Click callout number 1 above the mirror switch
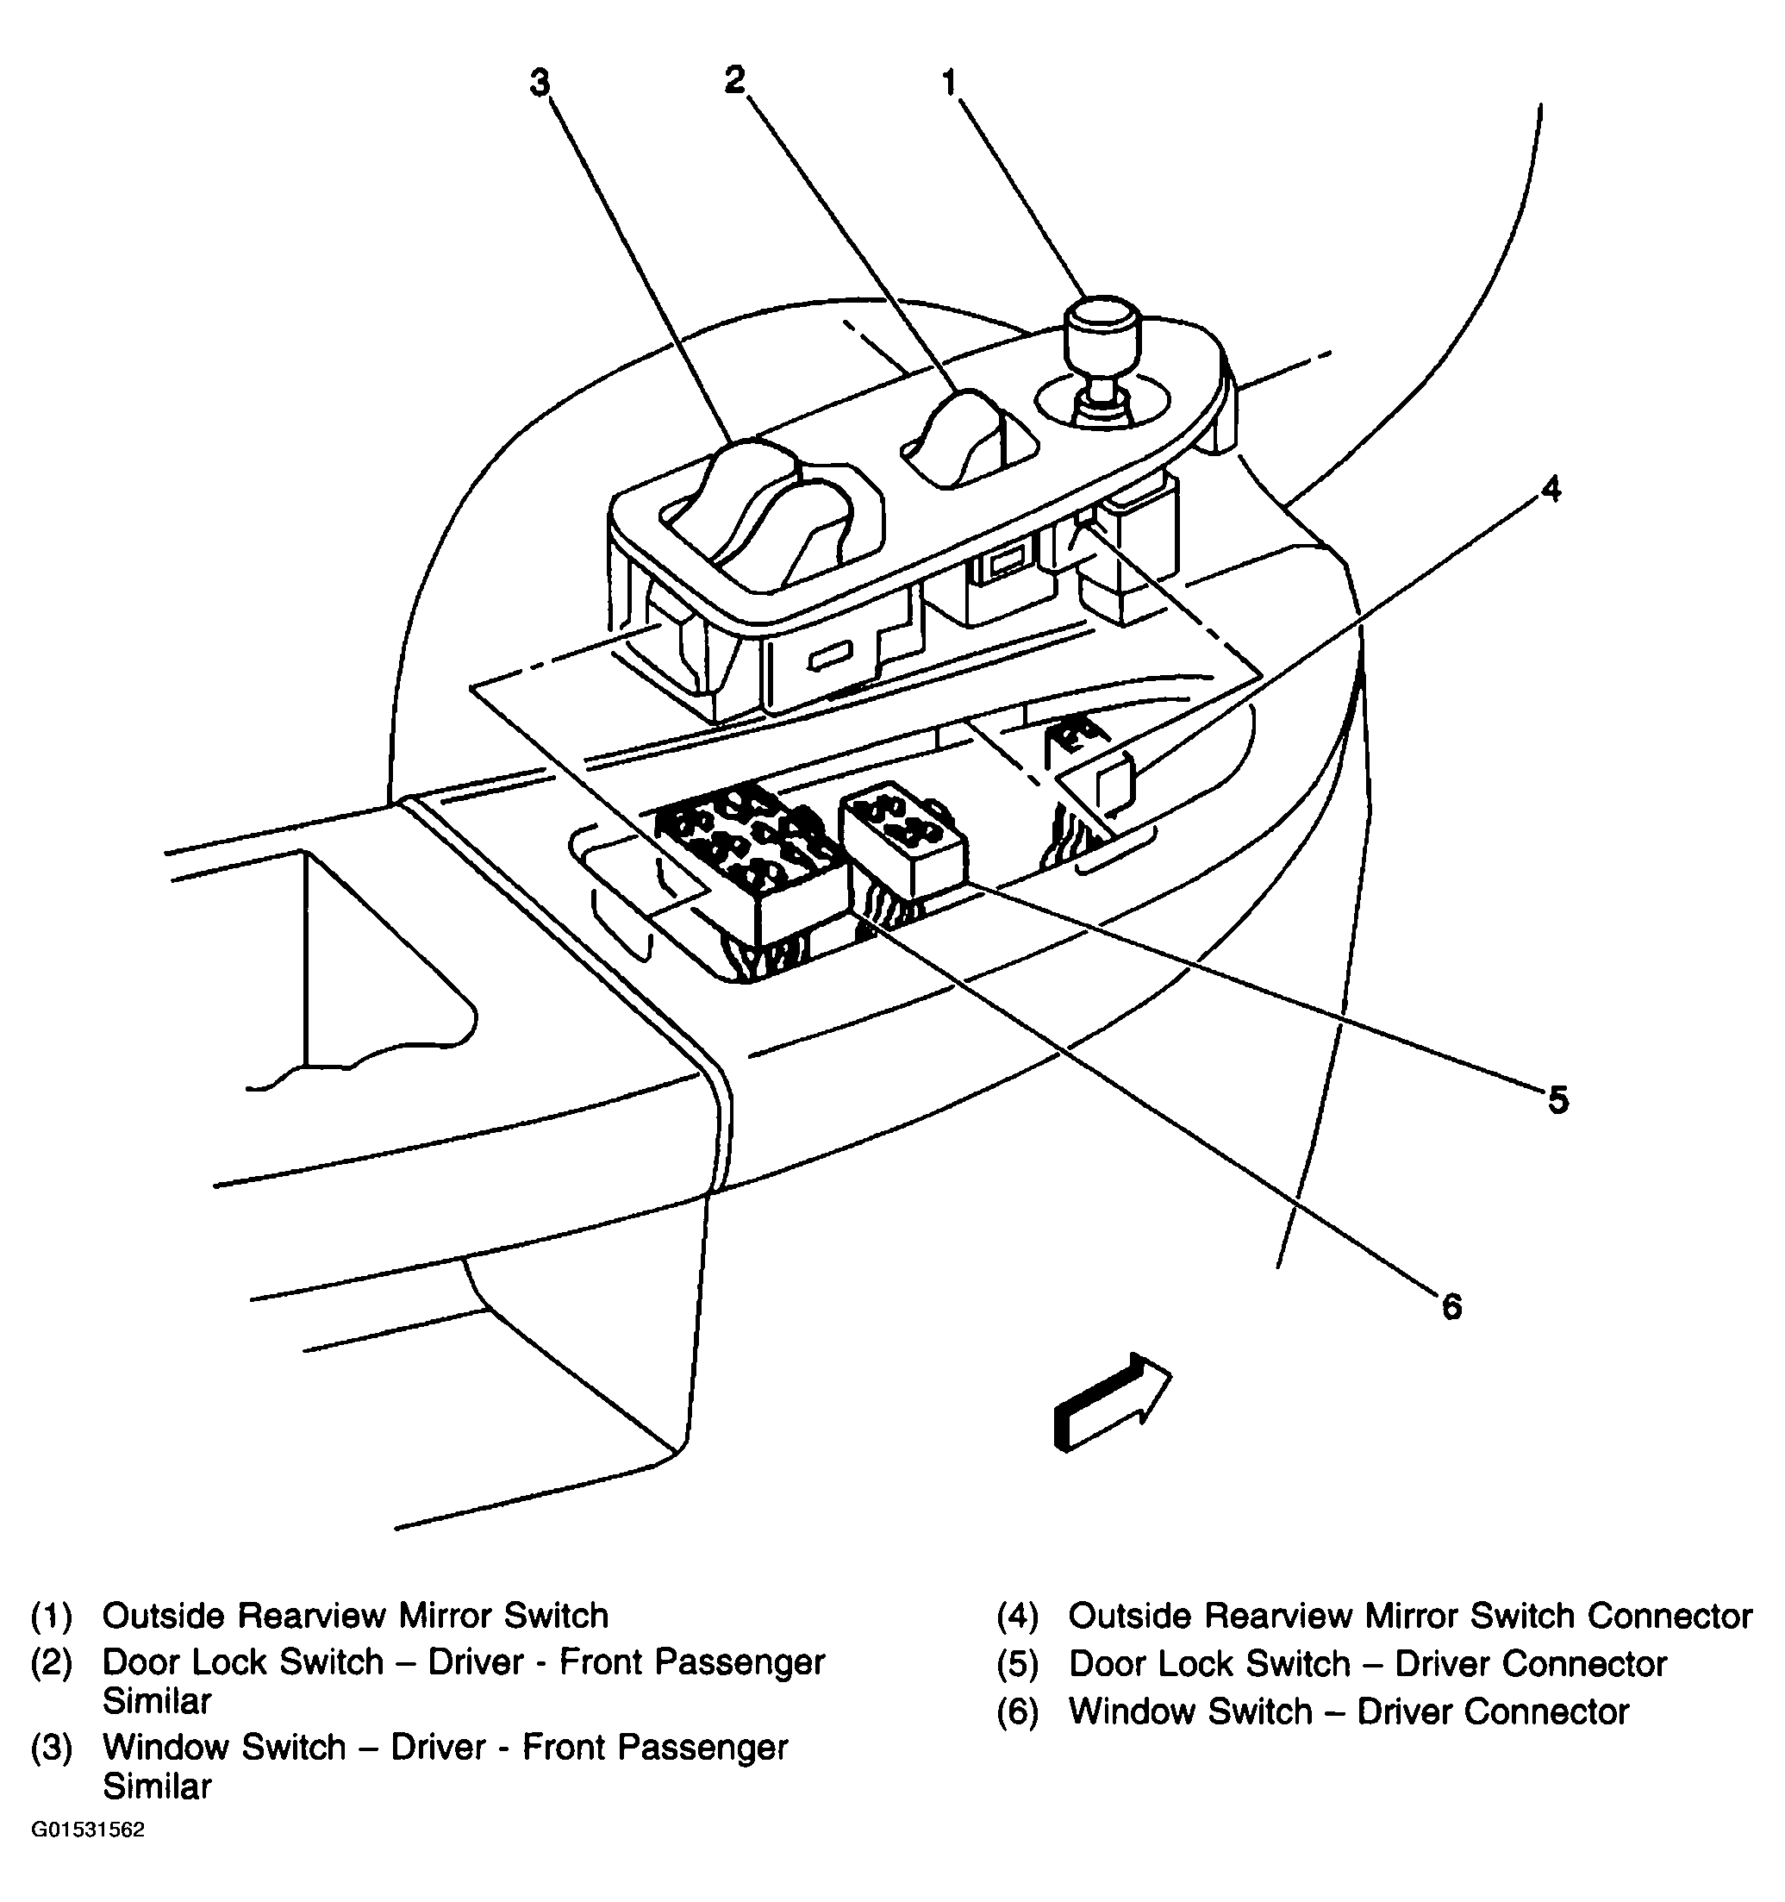coord(948,84)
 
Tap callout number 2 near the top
coord(733,80)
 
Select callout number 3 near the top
coord(540,84)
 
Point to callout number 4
coord(1551,490)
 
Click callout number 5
coord(1558,1101)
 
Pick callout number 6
coord(1451,1307)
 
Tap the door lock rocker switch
coord(957,436)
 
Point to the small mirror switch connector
coord(1114,784)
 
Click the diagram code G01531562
coord(88,1830)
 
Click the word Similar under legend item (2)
coord(157,1701)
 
